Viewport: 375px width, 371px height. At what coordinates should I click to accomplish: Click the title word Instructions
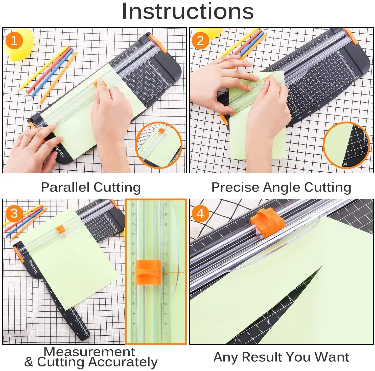(x=187, y=11)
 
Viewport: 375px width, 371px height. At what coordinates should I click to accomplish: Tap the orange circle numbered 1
(x=14, y=41)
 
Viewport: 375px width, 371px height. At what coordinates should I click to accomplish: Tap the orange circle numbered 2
(x=200, y=41)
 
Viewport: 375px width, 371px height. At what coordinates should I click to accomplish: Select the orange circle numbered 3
(x=14, y=213)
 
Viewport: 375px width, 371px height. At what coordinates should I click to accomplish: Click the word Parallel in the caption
(x=65, y=188)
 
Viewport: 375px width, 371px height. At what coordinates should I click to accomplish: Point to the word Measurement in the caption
(x=89, y=352)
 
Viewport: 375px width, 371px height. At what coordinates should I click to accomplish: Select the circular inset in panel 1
(x=159, y=145)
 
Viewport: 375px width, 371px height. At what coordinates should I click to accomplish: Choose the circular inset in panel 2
(x=346, y=145)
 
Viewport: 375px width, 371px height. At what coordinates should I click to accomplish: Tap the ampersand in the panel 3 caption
(x=29, y=362)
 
